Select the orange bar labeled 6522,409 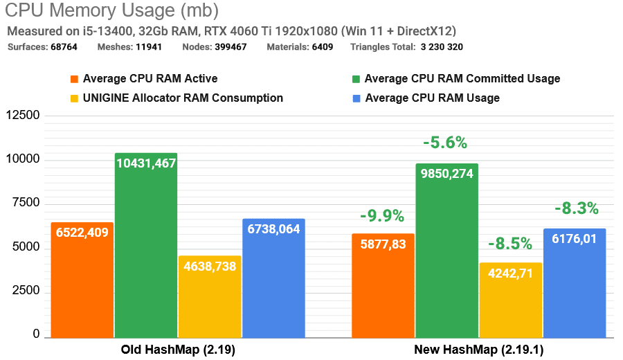click(x=82, y=280)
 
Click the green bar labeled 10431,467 click(x=146, y=246)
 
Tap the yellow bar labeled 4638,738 click(x=210, y=297)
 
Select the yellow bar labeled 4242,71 click(x=510, y=300)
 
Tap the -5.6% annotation click(x=445, y=143)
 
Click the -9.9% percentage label click(x=381, y=216)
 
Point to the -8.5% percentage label click(x=509, y=244)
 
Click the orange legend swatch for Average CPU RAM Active click(x=74, y=79)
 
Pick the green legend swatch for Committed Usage click(x=356, y=79)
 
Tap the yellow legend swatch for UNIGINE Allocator click(x=74, y=98)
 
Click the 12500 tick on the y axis click(x=23, y=116)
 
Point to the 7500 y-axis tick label click(x=26, y=204)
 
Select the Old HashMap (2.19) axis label click(x=178, y=350)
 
